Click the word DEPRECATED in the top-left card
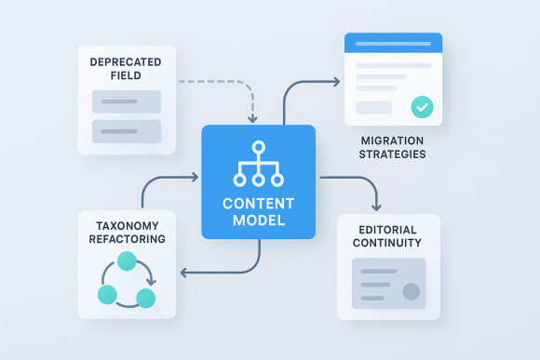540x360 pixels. pos(127,61)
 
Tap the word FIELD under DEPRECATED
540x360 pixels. pos(127,76)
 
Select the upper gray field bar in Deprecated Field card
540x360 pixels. pos(126,101)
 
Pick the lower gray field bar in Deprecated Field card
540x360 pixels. pos(126,130)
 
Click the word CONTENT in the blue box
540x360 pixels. pos(258,205)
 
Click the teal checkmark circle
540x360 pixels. pos(422,107)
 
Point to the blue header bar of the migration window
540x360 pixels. pos(393,43)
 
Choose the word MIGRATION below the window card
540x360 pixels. pos(392,140)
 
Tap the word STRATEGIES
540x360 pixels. pos(392,153)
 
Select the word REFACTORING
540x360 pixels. pos(126,239)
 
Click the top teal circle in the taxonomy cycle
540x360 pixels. pos(126,263)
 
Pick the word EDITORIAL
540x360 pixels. pos(388,229)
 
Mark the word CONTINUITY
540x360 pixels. pos(388,244)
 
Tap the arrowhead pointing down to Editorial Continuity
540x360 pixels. pos(375,205)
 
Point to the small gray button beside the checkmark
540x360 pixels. pos(373,108)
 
